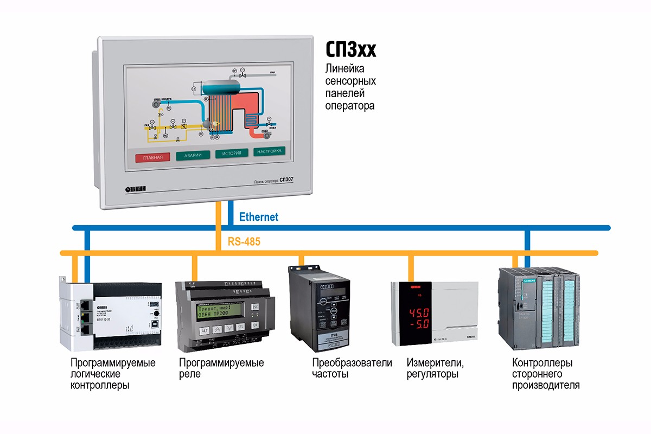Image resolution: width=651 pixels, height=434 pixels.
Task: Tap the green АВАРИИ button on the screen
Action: pos(193,155)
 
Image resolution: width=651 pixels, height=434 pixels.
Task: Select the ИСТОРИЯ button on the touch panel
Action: pos(232,154)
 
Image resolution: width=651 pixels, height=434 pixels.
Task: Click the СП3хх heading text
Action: pos(350,50)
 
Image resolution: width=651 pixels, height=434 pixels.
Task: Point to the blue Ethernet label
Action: pos(259,217)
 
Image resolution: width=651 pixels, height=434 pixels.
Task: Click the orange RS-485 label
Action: pos(241,242)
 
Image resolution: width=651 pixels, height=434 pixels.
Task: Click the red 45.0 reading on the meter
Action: pos(419,313)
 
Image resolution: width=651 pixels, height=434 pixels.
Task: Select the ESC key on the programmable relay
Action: pos(256,307)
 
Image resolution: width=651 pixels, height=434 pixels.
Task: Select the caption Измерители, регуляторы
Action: pos(435,368)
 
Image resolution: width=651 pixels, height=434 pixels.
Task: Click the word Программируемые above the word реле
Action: pos(221,362)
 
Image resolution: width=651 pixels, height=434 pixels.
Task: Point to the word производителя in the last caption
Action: pos(546,386)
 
